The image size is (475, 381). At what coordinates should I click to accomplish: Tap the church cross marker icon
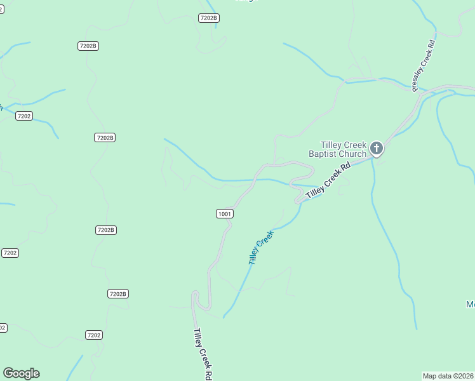pyautogui.click(x=377, y=149)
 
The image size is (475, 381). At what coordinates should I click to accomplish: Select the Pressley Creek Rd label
pyautogui.click(x=422, y=64)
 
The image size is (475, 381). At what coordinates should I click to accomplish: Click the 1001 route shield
pyautogui.click(x=225, y=214)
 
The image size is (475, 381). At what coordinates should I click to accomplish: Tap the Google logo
pyautogui.click(x=21, y=373)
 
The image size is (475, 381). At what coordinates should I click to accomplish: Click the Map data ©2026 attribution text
pyautogui.click(x=448, y=376)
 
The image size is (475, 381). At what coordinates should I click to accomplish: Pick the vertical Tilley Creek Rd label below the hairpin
pyautogui.click(x=202, y=354)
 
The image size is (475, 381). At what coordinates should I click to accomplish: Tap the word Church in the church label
pyautogui.click(x=352, y=154)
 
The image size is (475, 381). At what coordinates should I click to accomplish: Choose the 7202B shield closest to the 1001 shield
pyautogui.click(x=106, y=230)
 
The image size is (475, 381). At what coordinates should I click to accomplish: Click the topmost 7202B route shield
pyautogui.click(x=209, y=18)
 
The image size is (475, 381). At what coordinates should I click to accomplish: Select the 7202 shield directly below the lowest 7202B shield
pyautogui.click(x=94, y=335)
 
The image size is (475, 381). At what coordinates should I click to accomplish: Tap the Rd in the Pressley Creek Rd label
pyautogui.click(x=431, y=46)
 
